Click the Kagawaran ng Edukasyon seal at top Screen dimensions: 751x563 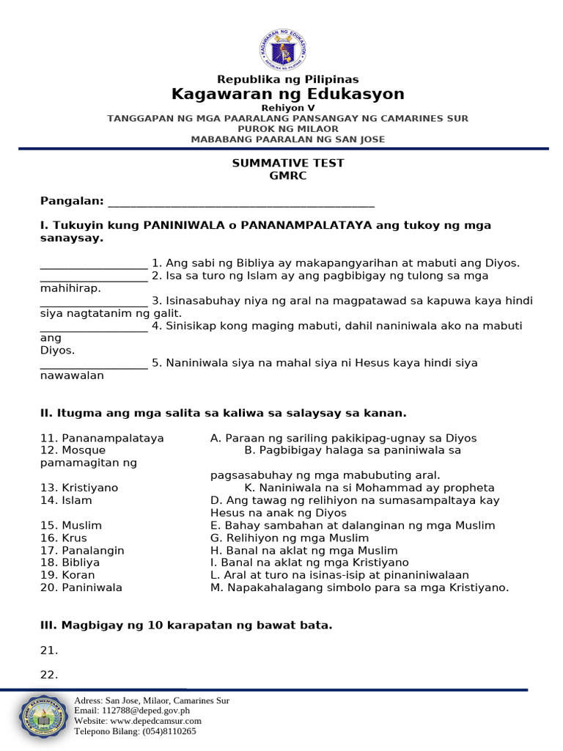(x=282, y=50)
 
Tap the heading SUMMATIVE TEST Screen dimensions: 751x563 (x=287, y=164)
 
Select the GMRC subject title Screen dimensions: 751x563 (x=287, y=176)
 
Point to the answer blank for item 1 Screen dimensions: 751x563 (x=94, y=264)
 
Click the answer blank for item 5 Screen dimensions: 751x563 (x=94, y=364)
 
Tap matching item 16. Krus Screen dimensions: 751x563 (x=65, y=538)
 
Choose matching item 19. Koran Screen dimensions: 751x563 (x=67, y=575)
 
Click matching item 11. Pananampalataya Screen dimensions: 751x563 (x=102, y=439)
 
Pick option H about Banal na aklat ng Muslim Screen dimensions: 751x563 (x=303, y=550)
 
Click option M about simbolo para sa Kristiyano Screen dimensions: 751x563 (x=359, y=587)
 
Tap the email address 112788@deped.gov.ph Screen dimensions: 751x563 (x=132, y=711)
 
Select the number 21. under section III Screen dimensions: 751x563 (x=49, y=651)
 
